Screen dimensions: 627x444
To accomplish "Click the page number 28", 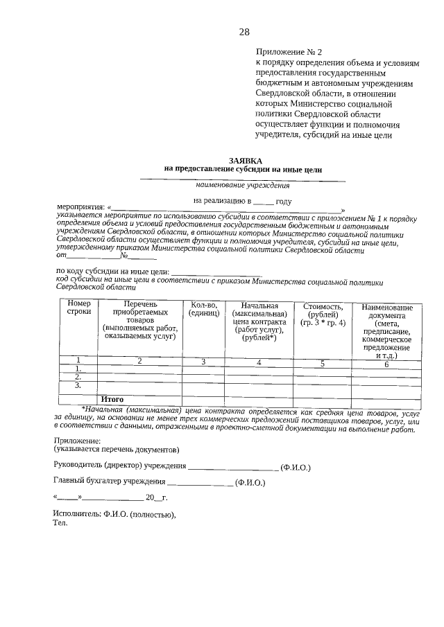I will [x=244, y=32].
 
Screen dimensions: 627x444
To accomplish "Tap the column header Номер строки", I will [x=78, y=309].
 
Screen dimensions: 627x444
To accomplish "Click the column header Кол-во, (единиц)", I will [x=204, y=309].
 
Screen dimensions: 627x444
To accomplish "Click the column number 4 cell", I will [x=259, y=362].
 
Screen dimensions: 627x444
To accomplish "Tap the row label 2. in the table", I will [x=78, y=377].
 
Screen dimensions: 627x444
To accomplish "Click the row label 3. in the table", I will [x=78, y=385].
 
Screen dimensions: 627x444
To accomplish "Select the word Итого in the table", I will [x=112, y=399].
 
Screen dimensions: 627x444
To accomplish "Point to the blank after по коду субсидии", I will [x=222, y=272].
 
